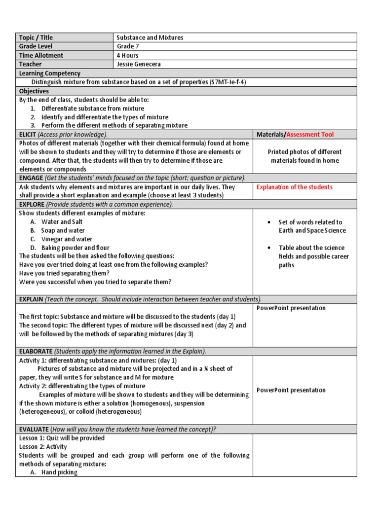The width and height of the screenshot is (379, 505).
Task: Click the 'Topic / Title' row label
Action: [36, 37]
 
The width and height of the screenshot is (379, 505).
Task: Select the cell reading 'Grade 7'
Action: [129, 46]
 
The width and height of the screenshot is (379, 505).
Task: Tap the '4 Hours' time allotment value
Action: [127, 55]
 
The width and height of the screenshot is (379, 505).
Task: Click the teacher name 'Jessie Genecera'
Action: [139, 64]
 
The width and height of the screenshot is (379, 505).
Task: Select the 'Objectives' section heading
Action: [34, 91]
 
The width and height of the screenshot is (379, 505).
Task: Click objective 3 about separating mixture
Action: [114, 125]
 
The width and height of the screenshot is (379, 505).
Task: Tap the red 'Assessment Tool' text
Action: [310, 134]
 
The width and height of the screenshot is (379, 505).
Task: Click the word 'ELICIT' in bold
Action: [28, 134]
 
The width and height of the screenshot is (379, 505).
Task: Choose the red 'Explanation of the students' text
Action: [295, 187]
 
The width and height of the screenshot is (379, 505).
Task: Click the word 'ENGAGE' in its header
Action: [31, 178]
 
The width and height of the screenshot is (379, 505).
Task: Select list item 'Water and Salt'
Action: [62, 222]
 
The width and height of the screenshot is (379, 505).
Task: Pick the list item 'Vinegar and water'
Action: [66, 239]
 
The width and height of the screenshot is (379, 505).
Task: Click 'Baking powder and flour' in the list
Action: [76, 248]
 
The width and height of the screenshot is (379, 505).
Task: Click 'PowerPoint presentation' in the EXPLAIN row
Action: [291, 308]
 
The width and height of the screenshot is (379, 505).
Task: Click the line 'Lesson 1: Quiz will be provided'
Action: [62, 438]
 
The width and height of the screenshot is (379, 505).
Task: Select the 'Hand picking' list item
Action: [59, 472]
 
